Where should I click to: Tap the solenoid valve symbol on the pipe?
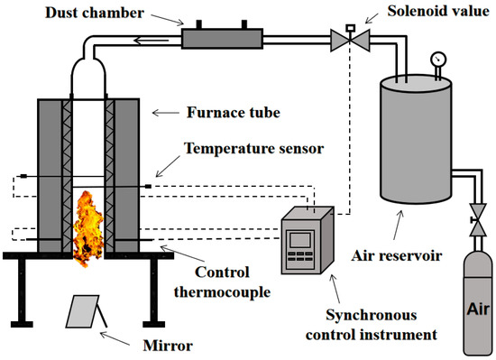pyautogui.click(x=344, y=38)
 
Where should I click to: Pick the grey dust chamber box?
pyautogui.click(x=221, y=38)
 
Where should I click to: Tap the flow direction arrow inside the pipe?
pyautogui.click(x=145, y=38)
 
